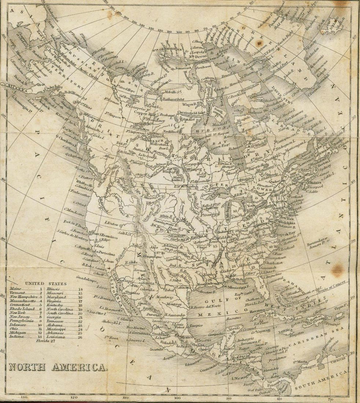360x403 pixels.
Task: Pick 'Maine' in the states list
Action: [x=15, y=289]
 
